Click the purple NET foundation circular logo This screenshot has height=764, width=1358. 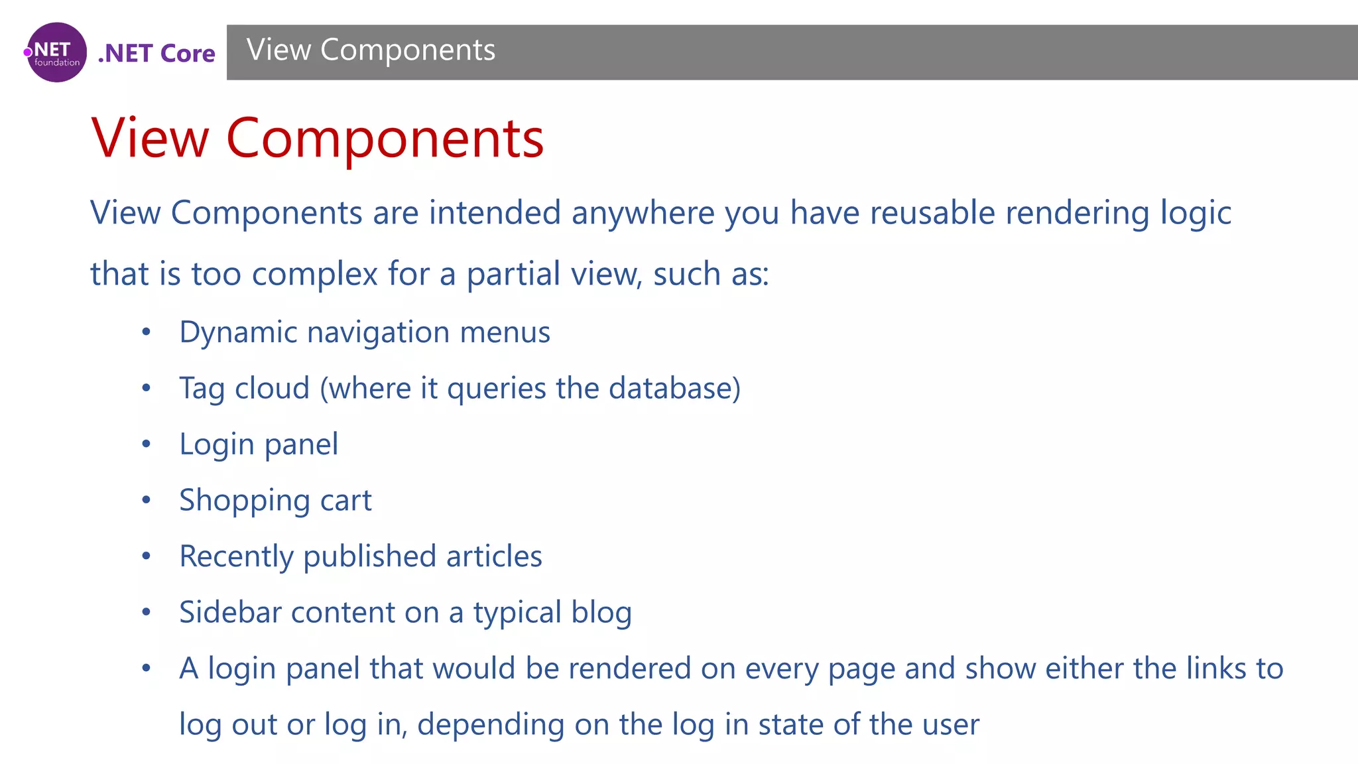point(56,52)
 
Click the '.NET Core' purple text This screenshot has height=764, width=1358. point(156,53)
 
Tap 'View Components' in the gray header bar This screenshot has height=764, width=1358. point(371,50)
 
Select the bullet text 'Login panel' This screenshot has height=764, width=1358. point(259,444)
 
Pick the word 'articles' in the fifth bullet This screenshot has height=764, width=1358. point(494,556)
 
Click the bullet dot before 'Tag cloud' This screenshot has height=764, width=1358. point(147,388)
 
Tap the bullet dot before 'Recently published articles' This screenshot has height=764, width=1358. point(147,556)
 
